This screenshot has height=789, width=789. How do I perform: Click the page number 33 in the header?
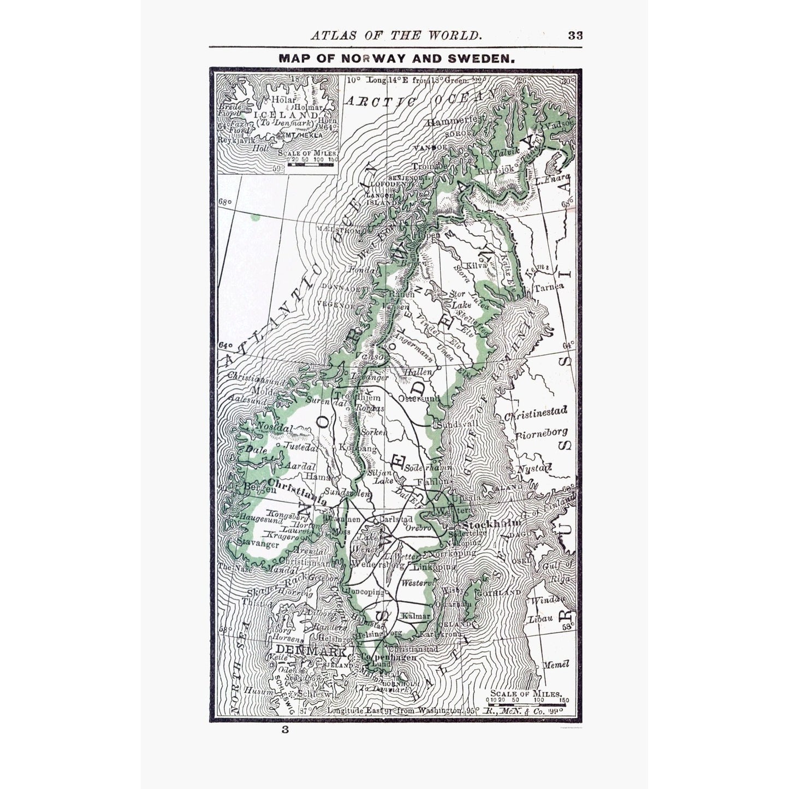pyautogui.click(x=575, y=35)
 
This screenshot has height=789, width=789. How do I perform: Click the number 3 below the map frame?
pyautogui.click(x=284, y=729)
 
